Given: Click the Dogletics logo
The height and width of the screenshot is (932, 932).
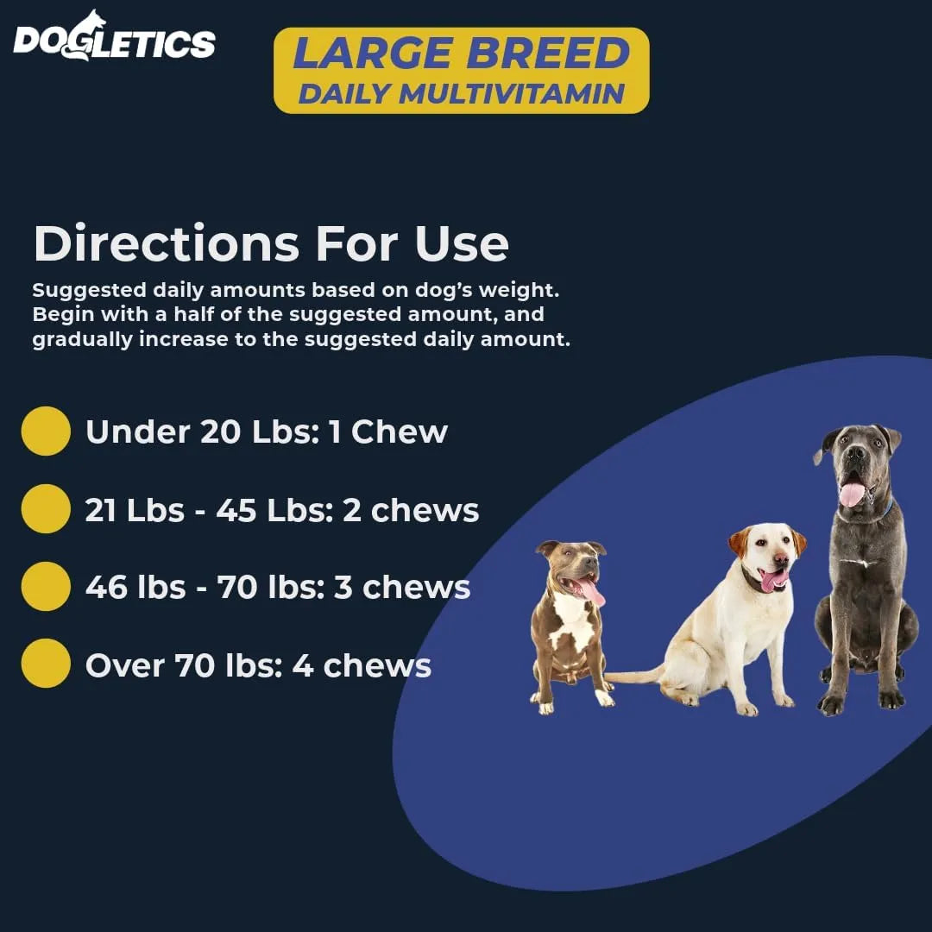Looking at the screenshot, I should coord(113,38).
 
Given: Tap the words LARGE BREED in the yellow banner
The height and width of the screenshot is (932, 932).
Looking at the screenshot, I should coord(461,54).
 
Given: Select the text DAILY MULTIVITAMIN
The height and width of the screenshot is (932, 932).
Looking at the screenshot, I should coord(461,93).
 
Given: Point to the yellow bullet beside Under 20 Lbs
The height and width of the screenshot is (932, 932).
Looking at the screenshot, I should coord(46,431).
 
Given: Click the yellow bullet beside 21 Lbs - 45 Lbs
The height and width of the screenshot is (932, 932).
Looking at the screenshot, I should coord(46,509).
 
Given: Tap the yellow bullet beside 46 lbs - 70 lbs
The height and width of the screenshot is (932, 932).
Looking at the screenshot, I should coord(46,587).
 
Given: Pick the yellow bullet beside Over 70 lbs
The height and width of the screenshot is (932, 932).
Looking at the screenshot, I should coord(46,664).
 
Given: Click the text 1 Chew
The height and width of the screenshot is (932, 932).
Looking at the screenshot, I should coord(388,431).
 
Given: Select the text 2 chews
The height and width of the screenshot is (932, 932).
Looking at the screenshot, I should coord(411,510).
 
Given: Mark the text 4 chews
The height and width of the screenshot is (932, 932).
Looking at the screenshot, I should coord(363,665).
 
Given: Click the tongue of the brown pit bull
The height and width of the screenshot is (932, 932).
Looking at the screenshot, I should coord(594,593).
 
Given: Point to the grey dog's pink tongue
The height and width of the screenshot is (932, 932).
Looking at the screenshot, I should coord(852,494).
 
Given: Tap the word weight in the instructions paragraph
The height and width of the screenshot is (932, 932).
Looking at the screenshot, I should coord(527,290).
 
